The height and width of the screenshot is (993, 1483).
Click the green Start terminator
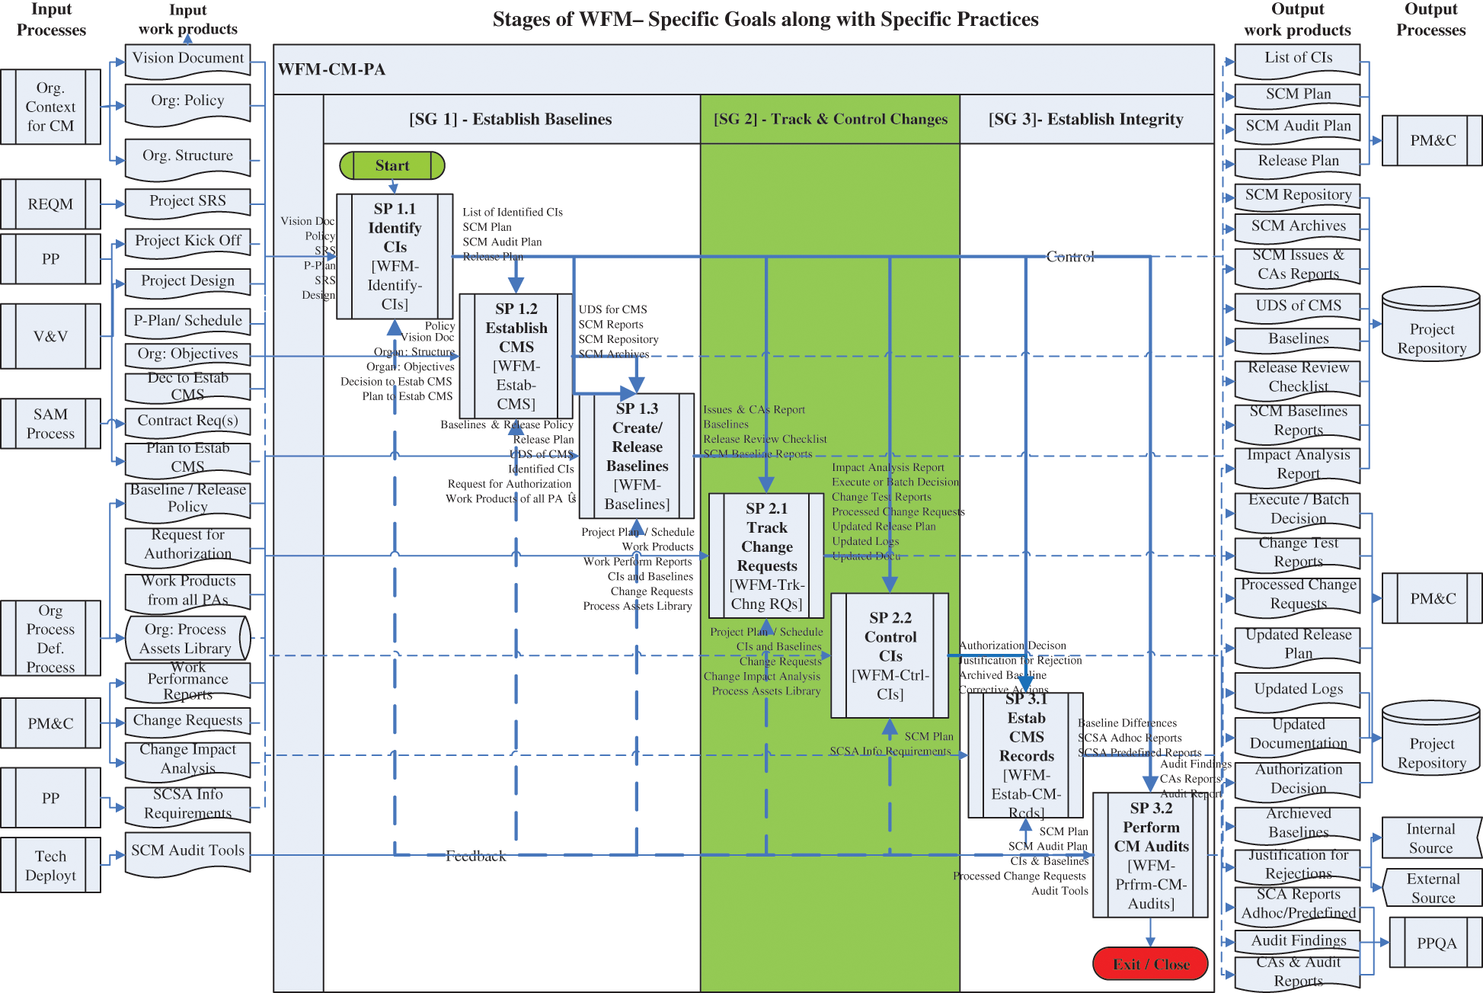pos(392,165)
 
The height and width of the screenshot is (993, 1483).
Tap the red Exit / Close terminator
pos(1150,964)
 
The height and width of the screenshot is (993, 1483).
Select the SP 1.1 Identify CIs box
pos(395,256)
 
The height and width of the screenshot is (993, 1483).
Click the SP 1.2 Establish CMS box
pos(516,356)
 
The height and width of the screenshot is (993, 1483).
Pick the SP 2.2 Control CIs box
pos(890,655)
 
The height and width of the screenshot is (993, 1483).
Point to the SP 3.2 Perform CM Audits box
pos(1150,855)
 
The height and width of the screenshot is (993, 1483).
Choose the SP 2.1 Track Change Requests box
pos(766,556)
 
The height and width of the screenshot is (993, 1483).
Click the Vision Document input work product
pos(188,59)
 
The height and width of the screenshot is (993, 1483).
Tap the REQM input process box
pos(50,204)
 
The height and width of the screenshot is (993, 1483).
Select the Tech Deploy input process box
pos(50,865)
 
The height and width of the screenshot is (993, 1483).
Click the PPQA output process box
pos(1436,943)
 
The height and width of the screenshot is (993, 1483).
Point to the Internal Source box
pos(1430,838)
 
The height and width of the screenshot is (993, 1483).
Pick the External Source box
pos(1433,888)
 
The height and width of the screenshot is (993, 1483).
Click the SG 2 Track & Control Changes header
pos(829,119)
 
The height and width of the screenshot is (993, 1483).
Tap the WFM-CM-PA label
pos(331,69)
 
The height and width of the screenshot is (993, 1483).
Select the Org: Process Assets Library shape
pos(187,639)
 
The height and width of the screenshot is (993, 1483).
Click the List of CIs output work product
pos(1298,59)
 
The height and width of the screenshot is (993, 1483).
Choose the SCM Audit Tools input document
pos(187,852)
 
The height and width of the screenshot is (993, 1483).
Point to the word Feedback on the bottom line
pos(475,856)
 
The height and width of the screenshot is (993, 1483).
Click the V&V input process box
pos(50,336)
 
